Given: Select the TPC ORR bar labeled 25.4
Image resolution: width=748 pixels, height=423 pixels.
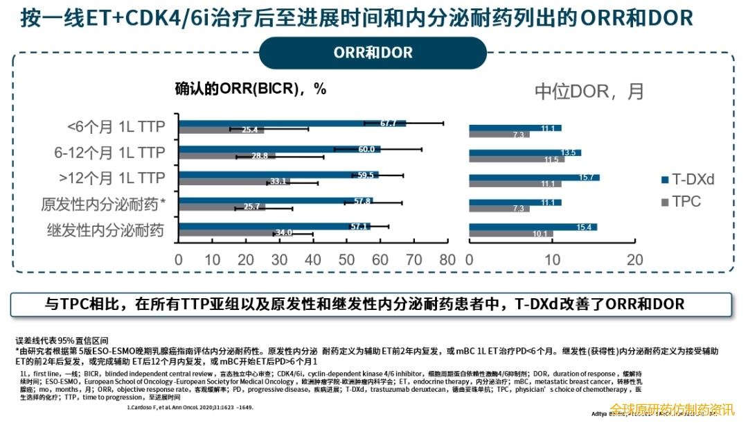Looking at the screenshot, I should click(x=221, y=130).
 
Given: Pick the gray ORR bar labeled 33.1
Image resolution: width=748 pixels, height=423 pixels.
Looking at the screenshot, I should click(x=234, y=182).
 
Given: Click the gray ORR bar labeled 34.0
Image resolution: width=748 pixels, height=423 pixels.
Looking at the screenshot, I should click(x=235, y=233).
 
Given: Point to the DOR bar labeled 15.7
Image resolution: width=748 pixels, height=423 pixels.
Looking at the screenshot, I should click(x=534, y=178).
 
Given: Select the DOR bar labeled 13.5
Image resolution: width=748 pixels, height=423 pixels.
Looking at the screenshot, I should click(x=525, y=153).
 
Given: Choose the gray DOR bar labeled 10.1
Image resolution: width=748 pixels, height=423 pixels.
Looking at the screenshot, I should click(x=510, y=234).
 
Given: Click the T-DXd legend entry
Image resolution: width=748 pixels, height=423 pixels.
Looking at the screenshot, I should click(x=688, y=180).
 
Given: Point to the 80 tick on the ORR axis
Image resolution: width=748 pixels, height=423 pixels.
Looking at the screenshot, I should click(x=447, y=260).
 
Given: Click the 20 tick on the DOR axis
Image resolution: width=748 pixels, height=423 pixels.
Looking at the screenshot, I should click(x=634, y=260).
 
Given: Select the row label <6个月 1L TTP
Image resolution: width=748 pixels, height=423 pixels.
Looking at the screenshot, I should click(x=116, y=127).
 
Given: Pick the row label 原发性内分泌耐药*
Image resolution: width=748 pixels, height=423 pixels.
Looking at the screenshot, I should click(x=104, y=204).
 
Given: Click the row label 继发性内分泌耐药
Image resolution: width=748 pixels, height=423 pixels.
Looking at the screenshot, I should click(x=105, y=230).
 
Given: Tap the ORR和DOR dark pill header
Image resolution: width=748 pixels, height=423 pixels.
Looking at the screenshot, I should click(x=373, y=53).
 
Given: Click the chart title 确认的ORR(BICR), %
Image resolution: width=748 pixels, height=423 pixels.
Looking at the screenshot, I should click(x=250, y=89).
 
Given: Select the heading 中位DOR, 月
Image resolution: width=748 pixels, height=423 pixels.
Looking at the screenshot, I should click(x=589, y=91).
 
